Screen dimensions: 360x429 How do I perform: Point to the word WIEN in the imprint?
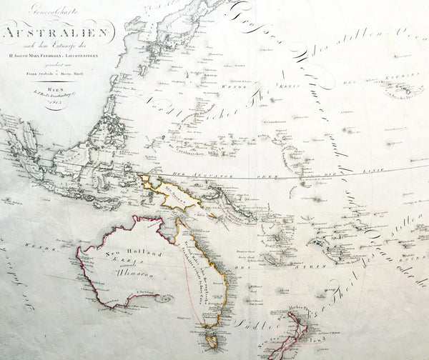[x=54, y=81]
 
